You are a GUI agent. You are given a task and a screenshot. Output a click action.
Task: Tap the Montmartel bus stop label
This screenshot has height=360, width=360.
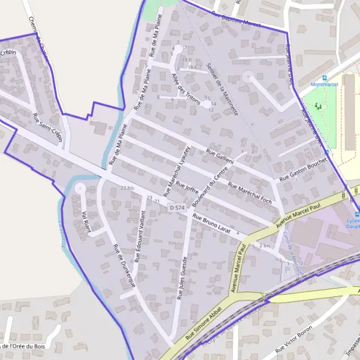click(325, 85)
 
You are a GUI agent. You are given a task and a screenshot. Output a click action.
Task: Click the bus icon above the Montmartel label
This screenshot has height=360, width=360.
click(325, 77)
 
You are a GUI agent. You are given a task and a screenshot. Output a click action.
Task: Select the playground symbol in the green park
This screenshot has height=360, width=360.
click(319, 106)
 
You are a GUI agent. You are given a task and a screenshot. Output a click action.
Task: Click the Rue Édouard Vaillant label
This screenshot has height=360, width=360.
click(140, 237)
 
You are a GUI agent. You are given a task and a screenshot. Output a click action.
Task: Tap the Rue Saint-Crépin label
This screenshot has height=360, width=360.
click(47, 124)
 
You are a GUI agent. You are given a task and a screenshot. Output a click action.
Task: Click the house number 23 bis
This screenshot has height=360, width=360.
click(127, 188)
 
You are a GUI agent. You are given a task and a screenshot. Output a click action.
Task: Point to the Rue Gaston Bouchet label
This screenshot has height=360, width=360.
click(302, 170)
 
